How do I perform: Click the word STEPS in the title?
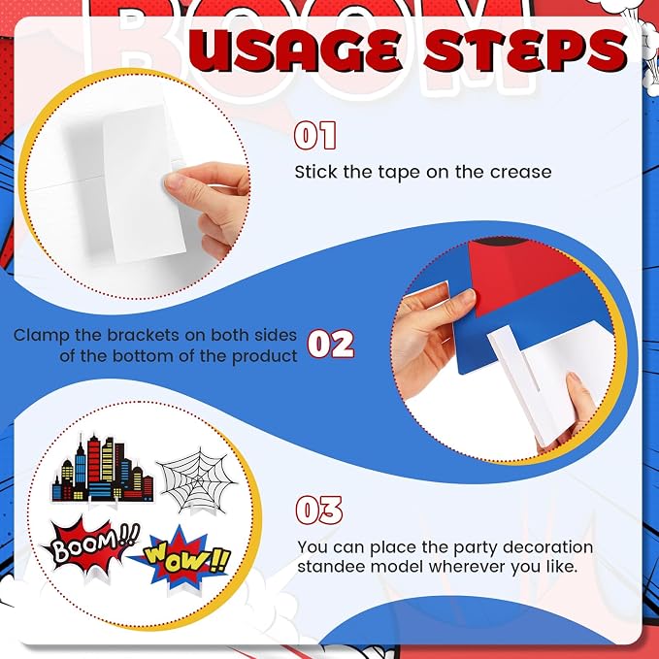click(525, 50)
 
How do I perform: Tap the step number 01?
click(315, 135)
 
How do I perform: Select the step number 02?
click(331, 344)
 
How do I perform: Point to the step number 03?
click(319, 511)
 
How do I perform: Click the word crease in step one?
click(521, 172)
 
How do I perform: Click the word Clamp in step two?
click(42, 336)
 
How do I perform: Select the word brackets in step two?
click(144, 335)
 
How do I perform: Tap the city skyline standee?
click(103, 469)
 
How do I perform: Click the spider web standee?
click(197, 481)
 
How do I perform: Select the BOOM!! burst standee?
click(90, 546)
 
